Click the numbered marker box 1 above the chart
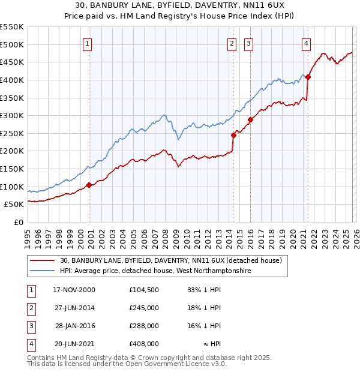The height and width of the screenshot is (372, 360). click(88, 43)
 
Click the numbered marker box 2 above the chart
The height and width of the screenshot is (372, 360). click(232, 43)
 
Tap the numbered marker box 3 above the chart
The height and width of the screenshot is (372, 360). click(248, 43)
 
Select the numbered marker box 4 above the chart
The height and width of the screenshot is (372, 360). click(306, 43)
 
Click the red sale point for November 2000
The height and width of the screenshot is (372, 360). click(89, 185)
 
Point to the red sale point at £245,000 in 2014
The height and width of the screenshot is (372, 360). click(233, 135)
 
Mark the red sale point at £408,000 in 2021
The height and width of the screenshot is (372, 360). click(308, 77)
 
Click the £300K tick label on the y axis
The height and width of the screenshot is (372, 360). click(12, 115)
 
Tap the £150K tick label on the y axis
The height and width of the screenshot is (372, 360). click(12, 169)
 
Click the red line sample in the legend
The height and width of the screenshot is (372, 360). click(42, 261)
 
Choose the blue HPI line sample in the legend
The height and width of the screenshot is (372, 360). click(42, 271)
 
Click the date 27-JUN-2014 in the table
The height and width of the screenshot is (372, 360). click(74, 308)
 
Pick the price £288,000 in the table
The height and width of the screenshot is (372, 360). click(144, 326)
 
